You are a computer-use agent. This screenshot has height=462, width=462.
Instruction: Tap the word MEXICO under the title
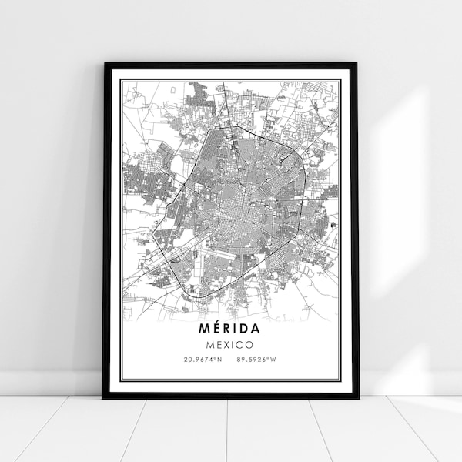(x=230, y=344)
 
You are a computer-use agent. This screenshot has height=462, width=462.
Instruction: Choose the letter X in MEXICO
(x=227, y=344)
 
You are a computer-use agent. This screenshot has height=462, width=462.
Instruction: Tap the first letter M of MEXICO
(x=210, y=344)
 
